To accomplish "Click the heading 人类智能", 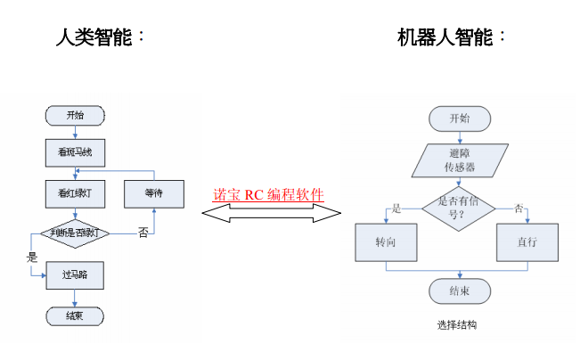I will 97,37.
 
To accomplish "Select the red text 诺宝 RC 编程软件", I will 268,195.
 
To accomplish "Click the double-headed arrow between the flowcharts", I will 271,212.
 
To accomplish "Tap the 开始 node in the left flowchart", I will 75,115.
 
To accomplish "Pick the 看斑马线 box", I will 75,153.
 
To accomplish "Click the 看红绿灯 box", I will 75,192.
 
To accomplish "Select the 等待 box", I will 153,192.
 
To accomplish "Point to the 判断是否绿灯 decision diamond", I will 75,233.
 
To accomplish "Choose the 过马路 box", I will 75,275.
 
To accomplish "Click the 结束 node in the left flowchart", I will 75,315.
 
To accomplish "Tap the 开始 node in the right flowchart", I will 460,119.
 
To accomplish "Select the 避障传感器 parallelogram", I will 459,160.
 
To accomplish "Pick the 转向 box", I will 385,241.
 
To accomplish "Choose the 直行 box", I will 527,241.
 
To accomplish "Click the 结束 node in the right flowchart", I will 460,290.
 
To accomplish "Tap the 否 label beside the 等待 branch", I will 143,233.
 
